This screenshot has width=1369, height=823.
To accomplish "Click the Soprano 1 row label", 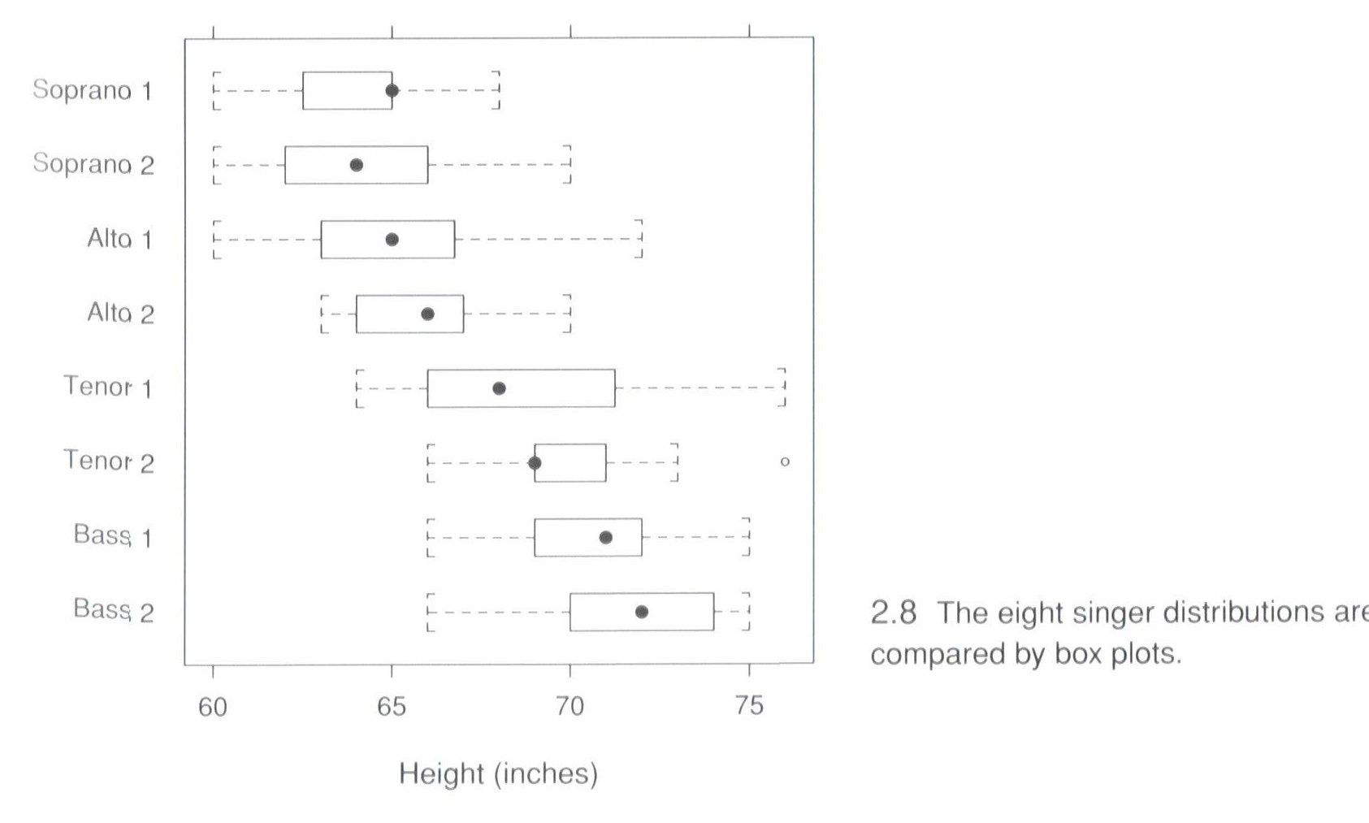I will click(x=92, y=89).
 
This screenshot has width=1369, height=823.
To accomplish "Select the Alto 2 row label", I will click(x=120, y=313).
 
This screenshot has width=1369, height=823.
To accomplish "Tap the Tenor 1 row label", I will click(x=108, y=387).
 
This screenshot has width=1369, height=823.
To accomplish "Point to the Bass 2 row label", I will click(x=113, y=610).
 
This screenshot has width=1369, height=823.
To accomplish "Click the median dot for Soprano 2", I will click(x=356, y=165).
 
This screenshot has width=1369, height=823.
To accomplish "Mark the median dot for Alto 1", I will click(x=392, y=240).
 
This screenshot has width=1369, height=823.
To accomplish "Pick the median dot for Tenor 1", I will click(x=499, y=388).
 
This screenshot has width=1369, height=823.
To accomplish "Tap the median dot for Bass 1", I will click(x=605, y=537).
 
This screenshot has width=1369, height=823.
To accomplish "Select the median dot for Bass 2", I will click(x=641, y=611).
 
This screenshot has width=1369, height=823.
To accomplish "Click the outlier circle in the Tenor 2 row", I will click(x=784, y=461).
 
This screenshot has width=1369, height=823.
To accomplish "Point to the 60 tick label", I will click(x=213, y=707).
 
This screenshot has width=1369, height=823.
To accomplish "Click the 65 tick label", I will click(x=391, y=707).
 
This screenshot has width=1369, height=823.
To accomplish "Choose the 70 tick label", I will click(x=570, y=707).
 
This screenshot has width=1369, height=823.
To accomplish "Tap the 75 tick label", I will click(x=748, y=706).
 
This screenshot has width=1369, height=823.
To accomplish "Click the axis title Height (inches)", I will click(x=498, y=773).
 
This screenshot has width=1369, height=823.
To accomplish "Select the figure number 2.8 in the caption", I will click(x=893, y=612).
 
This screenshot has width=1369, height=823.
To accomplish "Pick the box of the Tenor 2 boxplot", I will click(x=570, y=463).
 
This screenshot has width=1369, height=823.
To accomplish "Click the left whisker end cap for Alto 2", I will click(x=323, y=314).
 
